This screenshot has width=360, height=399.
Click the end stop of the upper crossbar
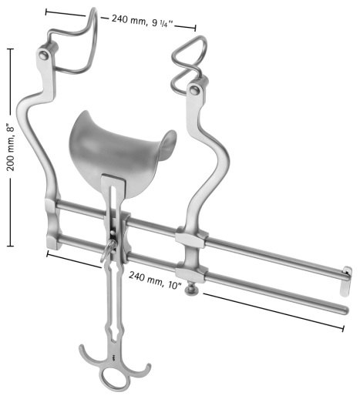[346, 271]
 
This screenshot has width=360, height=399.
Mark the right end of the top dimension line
[196, 29]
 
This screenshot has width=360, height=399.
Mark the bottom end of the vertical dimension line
[10, 246]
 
